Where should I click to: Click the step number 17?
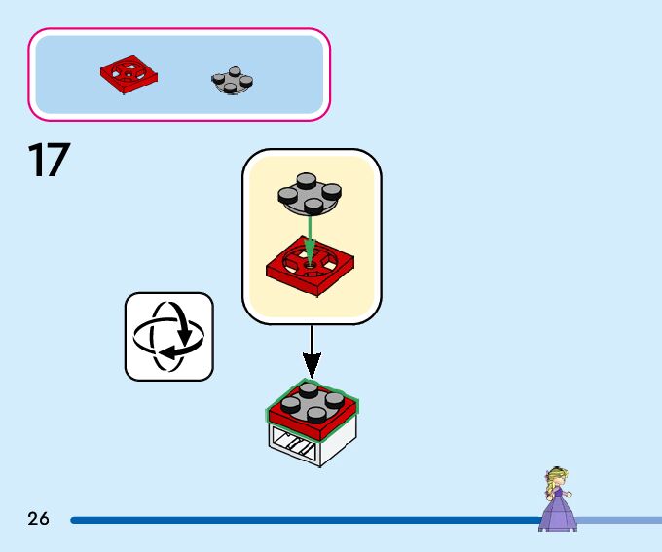pos(49,161)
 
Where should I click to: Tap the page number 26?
pos(39,519)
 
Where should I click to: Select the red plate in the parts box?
pos(129,74)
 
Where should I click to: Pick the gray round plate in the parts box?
pos(232,81)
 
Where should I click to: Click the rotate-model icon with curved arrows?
pos(168,337)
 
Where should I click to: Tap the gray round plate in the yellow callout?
pos(309,194)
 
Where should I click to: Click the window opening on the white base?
pos(296,446)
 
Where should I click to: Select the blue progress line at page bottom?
pos(292,520)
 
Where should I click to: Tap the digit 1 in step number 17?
pos(35,161)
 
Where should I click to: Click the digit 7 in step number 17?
pos(57,161)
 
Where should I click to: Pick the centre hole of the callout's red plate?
pos(310,261)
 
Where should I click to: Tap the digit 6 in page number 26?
pos(44,519)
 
